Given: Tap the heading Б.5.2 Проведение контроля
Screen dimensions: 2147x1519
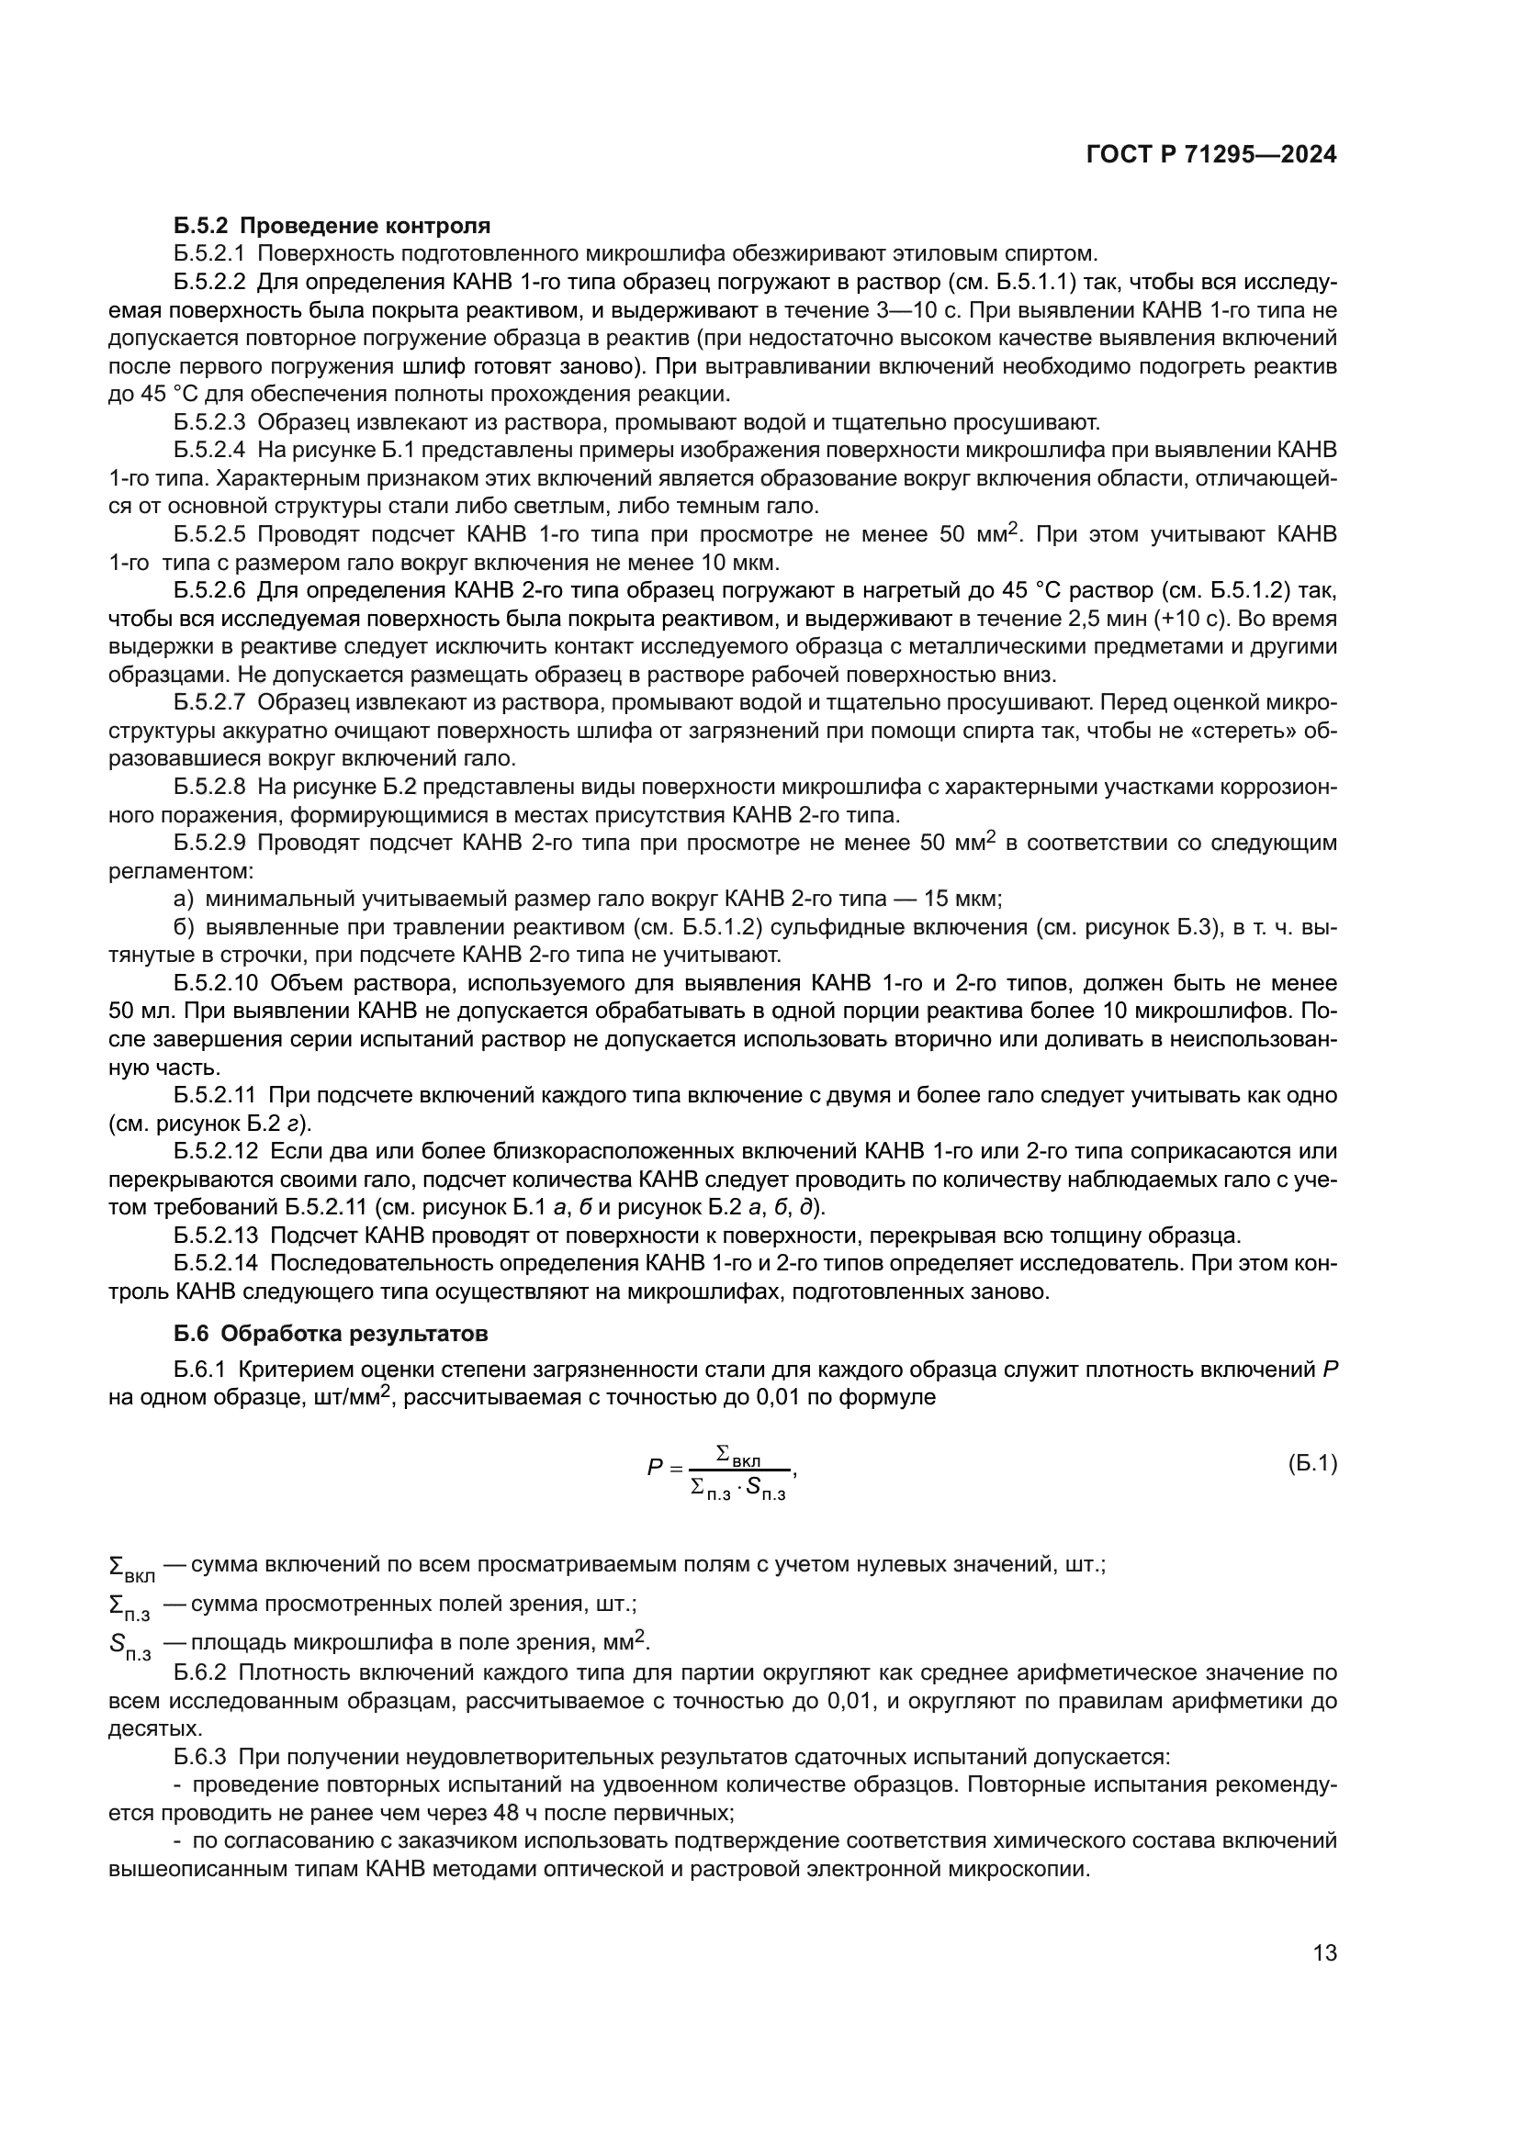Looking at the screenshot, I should click(332, 226).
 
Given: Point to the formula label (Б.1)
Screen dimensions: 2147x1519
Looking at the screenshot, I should click(1312, 1463).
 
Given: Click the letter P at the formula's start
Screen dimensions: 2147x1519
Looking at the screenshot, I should click(655, 1468).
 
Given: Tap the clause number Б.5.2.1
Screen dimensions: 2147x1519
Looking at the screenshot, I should click(209, 253).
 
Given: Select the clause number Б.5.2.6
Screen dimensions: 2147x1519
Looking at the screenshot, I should click(209, 590).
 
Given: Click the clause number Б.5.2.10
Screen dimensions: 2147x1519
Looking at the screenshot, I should click(215, 983).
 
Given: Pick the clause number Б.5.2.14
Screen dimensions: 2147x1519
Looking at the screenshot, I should click(215, 1263).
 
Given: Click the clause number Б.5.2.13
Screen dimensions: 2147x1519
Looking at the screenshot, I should click(215, 1236).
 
